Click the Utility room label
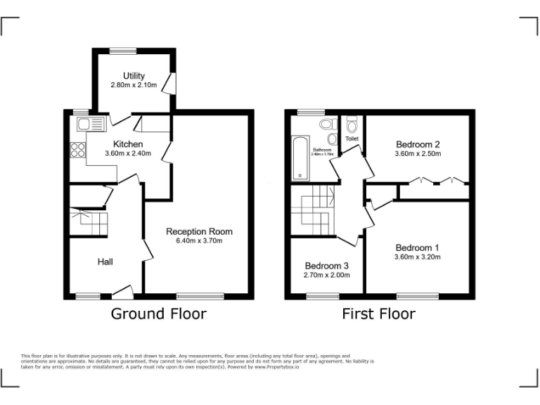pos(134,76)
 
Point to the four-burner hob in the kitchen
pos(77,150)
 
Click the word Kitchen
pos(128,144)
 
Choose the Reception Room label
pos(199,231)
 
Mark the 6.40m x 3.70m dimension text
pos(199,240)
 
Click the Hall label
pos(105,262)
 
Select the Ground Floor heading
pos(159,314)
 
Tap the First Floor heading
pos(378,314)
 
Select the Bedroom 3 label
pos(326,266)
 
